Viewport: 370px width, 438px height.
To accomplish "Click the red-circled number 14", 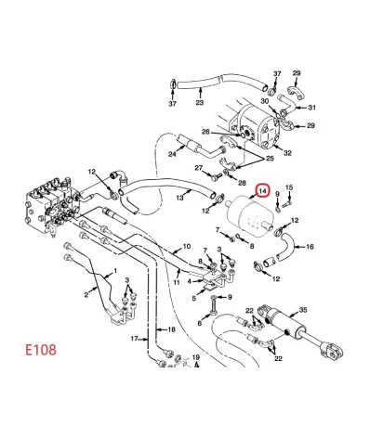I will pyautogui.click(x=263, y=191).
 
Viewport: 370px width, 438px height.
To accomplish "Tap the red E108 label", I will pyautogui.click(x=42, y=352).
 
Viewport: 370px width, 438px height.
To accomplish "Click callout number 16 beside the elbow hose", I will pyautogui.click(x=310, y=247).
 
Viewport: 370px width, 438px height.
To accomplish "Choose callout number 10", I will pyautogui.click(x=186, y=247).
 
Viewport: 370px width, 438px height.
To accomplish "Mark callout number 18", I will pyautogui.click(x=170, y=329).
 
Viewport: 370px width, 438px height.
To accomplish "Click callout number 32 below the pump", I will pyautogui.click(x=288, y=152).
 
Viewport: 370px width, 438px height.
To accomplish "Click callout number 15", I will pyautogui.click(x=290, y=188).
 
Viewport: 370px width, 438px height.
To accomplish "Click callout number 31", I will pyautogui.click(x=312, y=107).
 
